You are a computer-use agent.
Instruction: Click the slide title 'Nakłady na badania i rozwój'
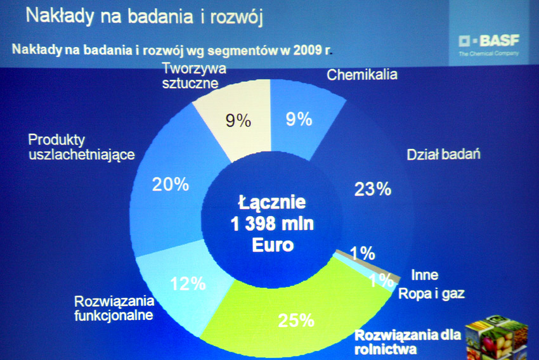[145, 16]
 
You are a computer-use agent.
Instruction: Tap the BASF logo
[489, 44]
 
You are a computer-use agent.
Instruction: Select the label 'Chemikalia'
[362, 75]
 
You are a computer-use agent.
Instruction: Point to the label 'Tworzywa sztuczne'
[194, 75]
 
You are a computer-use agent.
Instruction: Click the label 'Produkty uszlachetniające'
[81, 148]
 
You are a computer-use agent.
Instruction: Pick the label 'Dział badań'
[443, 155]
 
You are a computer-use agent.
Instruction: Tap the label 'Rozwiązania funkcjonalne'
[114, 308]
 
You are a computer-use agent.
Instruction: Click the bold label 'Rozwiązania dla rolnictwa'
[408, 342]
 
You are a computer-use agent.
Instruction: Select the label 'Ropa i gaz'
[431, 293]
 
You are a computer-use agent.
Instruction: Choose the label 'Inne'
[425, 275]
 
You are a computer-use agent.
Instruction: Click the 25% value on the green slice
[296, 321]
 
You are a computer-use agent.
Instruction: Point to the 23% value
[373, 189]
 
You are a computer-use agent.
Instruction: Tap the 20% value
[171, 184]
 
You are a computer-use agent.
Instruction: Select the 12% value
[188, 284]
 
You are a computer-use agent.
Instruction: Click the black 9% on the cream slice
[238, 120]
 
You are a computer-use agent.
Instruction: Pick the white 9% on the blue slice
[299, 119]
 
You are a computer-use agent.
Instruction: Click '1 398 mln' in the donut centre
[272, 224]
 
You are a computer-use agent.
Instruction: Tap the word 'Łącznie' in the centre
[272, 202]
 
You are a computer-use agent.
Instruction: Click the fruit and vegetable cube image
[497, 339]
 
